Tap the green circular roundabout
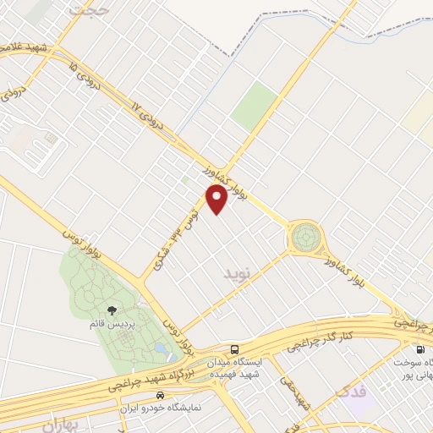(x=304, y=237)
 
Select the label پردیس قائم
(x=112, y=324)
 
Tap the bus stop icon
(x=234, y=348)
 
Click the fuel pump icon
(x=419, y=348)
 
